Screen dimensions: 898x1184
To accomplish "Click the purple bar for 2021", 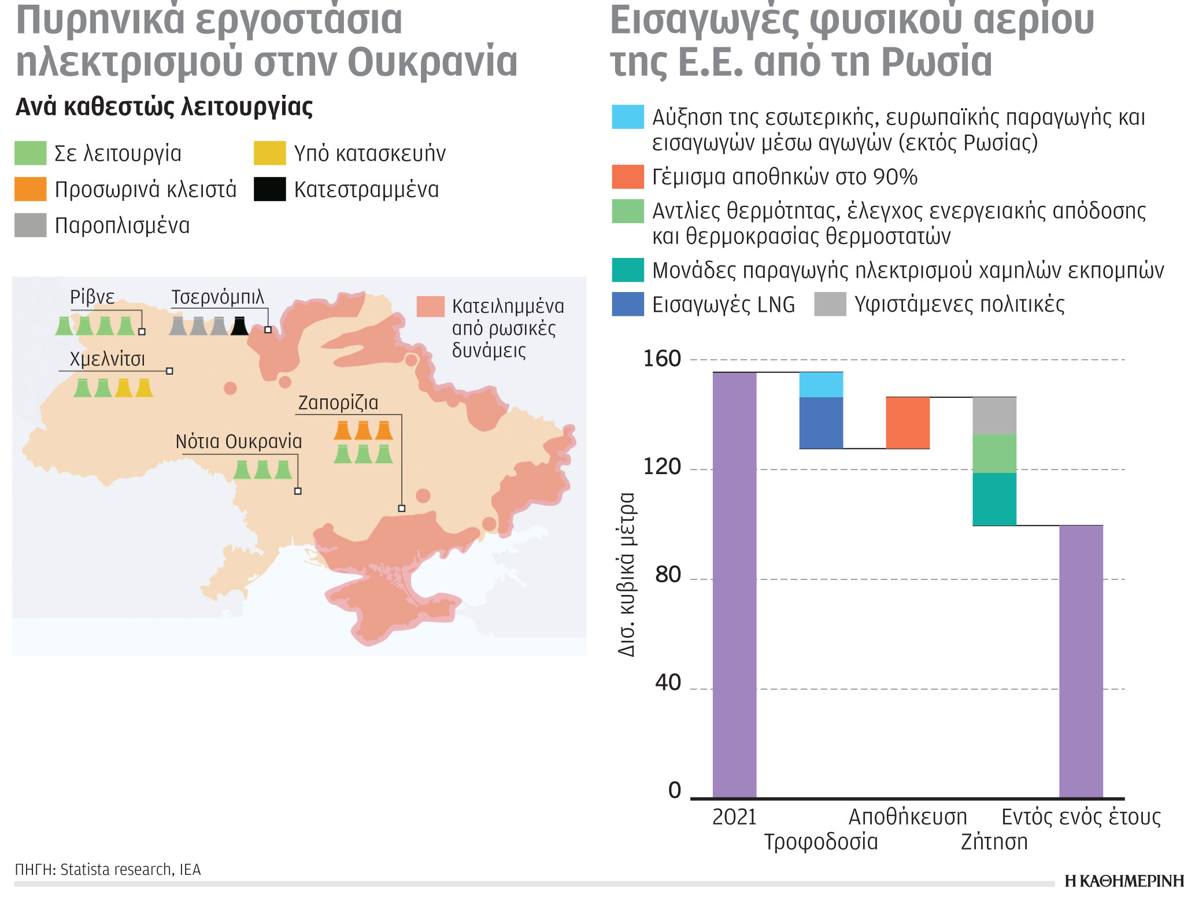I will tap(734, 584).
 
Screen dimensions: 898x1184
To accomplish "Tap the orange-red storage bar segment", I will tap(908, 423).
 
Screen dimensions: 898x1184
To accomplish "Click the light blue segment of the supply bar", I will tap(821, 385).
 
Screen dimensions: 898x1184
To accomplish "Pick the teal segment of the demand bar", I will tap(994, 499).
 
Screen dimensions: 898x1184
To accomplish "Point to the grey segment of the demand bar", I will tap(994, 415).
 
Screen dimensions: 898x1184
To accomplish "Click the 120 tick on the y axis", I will tap(662, 467).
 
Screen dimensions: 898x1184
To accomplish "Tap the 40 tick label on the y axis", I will tap(668, 683).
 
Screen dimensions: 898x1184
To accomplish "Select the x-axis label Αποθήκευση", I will tap(908, 817).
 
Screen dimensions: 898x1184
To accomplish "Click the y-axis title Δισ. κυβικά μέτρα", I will tap(627, 574).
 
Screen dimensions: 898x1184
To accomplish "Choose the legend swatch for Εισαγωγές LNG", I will tap(628, 304).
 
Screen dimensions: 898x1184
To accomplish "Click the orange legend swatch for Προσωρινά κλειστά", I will tap(30, 189).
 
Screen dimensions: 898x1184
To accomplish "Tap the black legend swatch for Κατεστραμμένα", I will tap(269, 189).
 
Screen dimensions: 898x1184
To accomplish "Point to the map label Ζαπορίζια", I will tap(338, 402).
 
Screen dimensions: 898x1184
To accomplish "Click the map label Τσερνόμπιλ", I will tap(217, 297).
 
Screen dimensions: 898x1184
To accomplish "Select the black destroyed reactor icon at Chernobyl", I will tap(239, 326).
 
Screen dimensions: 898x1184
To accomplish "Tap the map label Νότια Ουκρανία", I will tap(239, 442).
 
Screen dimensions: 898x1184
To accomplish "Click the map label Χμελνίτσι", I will tap(108, 359).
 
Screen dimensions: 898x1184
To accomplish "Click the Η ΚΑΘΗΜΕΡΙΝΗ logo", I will tap(1123, 881).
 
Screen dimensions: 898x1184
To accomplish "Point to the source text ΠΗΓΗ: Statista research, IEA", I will tap(108, 870).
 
